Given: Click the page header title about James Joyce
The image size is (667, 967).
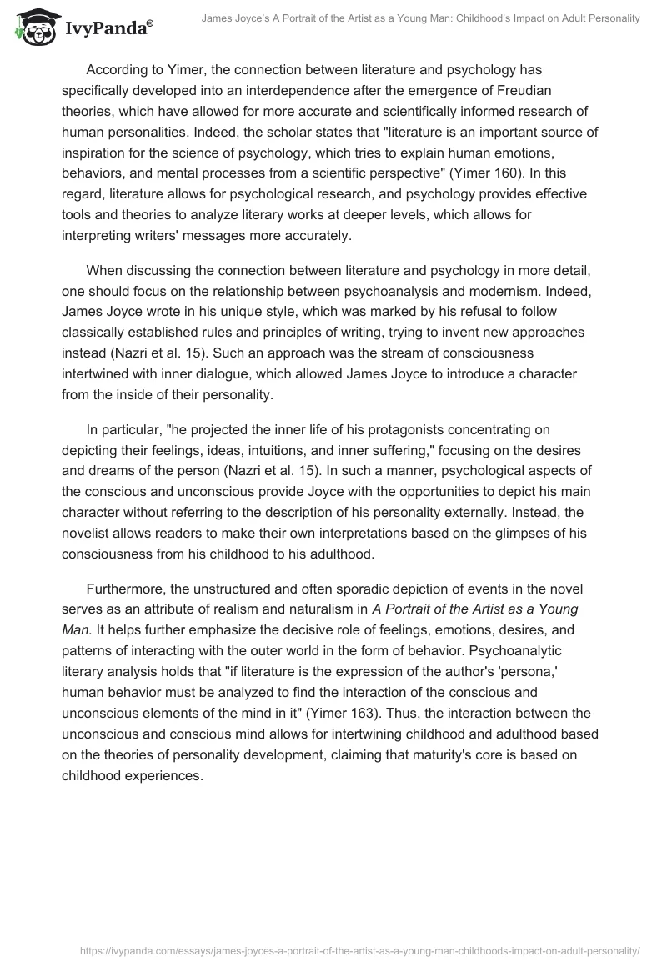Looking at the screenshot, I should (x=426, y=18).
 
